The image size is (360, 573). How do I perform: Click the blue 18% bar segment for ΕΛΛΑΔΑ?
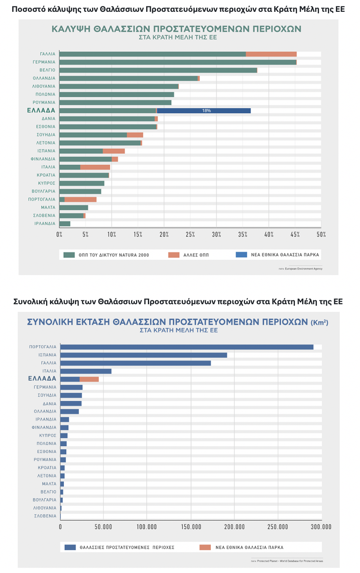pos(204,111)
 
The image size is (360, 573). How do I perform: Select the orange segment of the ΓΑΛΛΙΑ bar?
pos(271,54)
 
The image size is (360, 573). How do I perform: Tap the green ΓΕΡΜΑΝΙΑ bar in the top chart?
pos(177,62)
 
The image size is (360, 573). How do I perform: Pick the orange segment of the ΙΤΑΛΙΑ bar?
pos(95,167)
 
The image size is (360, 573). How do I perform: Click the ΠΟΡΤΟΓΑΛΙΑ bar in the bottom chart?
pos(186,347)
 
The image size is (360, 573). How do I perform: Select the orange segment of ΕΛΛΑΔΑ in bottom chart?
pos(89,379)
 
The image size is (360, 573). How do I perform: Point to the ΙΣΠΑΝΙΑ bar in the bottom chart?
pos(144,355)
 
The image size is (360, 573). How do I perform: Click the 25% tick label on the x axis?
pos(190,234)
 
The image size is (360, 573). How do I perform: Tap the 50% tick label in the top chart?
pos(321,234)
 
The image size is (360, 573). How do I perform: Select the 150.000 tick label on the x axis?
pos(191,527)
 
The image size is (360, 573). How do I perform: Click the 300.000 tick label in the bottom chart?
pos(321,527)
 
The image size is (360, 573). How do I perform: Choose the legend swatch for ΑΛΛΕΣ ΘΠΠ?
pos(174,255)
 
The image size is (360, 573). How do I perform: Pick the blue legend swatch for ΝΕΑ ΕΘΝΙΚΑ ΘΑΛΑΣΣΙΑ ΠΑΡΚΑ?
pos(241,255)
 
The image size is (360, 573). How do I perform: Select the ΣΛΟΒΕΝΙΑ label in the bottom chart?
pos(45,516)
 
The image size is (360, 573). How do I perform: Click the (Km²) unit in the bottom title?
pos(319,322)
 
